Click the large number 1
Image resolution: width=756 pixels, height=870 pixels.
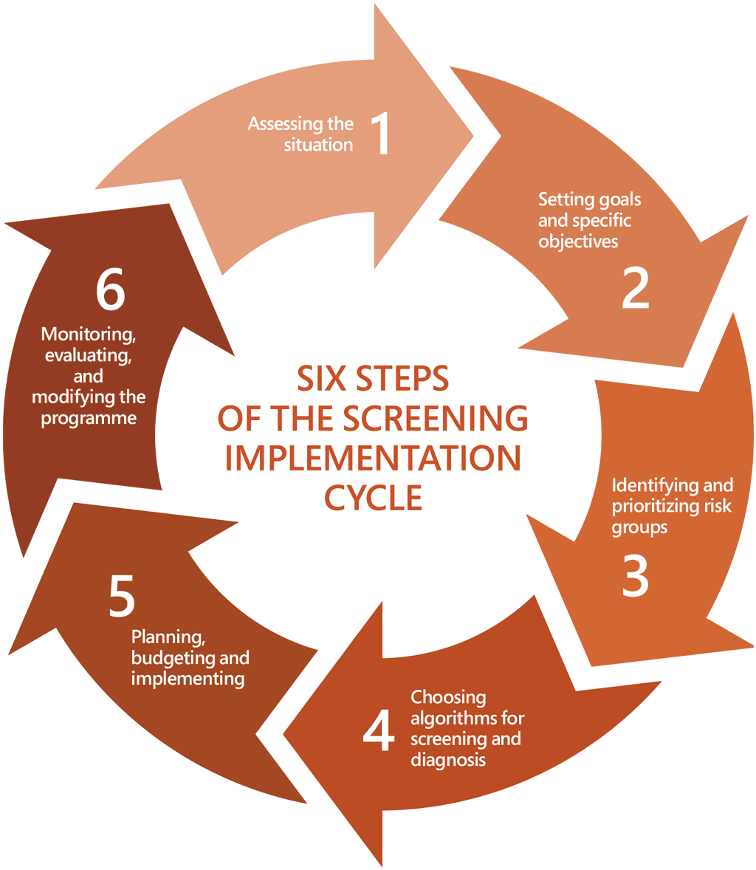point(380,134)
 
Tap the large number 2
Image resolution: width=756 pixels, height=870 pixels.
point(635,287)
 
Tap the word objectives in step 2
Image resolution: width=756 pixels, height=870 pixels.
point(578,242)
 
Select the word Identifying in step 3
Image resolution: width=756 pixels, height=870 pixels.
point(644,485)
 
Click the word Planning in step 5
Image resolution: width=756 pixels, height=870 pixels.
point(157,637)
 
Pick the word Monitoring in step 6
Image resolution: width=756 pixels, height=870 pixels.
point(89,335)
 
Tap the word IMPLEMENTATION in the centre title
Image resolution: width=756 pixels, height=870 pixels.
point(373,458)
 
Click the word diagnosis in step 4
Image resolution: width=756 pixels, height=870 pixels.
point(448,759)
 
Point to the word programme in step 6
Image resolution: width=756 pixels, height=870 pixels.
point(89,419)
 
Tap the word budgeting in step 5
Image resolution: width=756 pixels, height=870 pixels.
point(174,657)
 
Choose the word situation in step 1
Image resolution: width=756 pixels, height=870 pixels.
point(319,145)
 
